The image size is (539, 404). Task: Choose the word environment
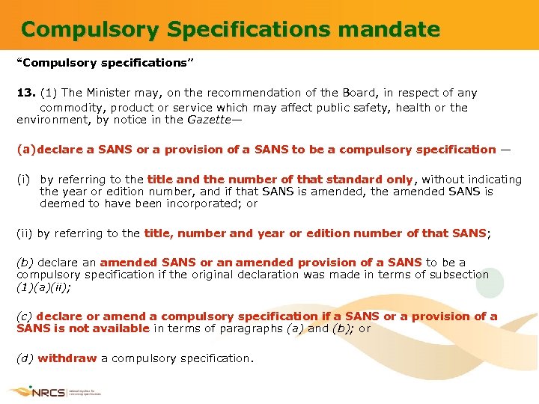click(x=52, y=120)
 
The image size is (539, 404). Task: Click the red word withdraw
click(x=67, y=358)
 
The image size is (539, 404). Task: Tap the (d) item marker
click(x=25, y=358)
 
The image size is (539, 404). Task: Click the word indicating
click(x=494, y=180)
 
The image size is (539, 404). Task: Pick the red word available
click(x=116, y=328)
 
